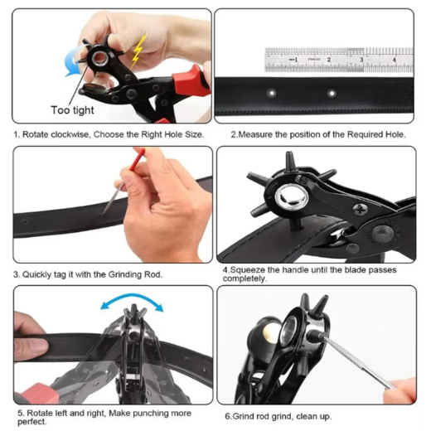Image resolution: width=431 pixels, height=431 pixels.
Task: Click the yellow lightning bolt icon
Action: coord(138,51)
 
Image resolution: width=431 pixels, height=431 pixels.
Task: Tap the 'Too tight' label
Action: coord(72,110)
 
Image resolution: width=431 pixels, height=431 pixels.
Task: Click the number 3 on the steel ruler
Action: coord(361,60)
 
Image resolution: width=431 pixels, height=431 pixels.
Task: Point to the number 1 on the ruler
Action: coord(296,60)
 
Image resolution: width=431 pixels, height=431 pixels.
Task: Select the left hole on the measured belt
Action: coord(272,93)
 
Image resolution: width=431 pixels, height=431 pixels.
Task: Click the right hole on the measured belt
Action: coord(332,94)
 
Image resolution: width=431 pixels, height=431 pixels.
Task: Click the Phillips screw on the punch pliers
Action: coord(360,211)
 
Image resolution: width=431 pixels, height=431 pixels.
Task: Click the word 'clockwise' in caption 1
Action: coord(70,134)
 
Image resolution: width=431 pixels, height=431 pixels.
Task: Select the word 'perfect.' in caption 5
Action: coord(32,422)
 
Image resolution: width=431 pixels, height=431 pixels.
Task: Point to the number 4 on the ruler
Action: coord(395,60)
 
